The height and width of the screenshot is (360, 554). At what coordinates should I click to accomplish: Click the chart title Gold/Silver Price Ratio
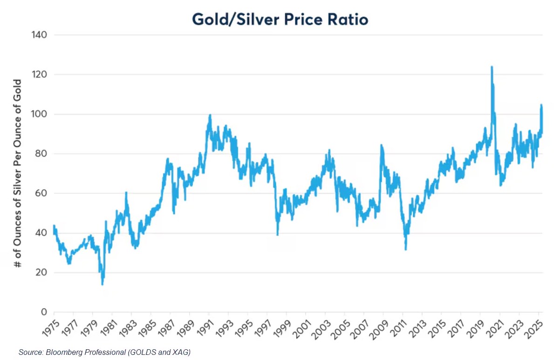pos(280,19)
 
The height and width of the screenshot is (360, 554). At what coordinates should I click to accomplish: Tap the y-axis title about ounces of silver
pos(17,173)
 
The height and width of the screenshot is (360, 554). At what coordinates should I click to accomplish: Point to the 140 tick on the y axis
pos(39,35)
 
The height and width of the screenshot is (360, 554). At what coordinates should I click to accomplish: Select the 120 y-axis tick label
pos(39,74)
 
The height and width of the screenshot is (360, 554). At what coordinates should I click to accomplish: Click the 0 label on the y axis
pos(44,312)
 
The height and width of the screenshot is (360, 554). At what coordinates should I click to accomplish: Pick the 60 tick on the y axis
pos(41,193)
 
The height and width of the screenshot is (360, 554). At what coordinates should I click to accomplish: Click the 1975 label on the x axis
pos(50,329)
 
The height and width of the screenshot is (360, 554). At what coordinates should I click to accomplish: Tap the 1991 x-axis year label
pos(205,329)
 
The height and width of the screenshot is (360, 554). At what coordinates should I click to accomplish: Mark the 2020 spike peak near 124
pos(492,67)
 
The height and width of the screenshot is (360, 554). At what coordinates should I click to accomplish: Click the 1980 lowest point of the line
pos(103,284)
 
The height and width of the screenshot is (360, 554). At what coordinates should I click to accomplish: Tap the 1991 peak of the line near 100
pos(210,115)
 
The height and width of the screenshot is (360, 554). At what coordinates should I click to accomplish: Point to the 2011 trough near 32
pos(406,249)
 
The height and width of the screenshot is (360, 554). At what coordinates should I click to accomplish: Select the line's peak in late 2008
pos(381,145)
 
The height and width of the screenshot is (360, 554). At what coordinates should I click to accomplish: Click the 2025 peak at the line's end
pos(541,105)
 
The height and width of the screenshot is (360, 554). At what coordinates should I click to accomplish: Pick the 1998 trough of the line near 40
pos(278,235)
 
